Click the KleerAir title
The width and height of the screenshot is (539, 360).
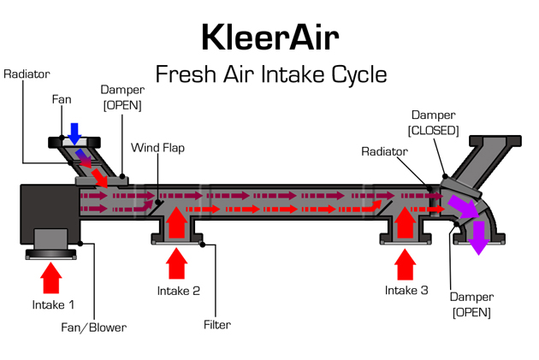pos(270,38)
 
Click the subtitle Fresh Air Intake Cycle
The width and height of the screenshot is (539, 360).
pos(270,74)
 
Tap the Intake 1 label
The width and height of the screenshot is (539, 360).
pos(53,304)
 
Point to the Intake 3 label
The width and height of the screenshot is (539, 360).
pos(406,291)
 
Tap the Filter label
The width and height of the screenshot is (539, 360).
pos(217,325)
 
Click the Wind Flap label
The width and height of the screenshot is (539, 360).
pos(157,148)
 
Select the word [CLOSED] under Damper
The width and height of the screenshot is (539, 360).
pos(434,130)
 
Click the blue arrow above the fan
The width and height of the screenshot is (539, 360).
pos(75,133)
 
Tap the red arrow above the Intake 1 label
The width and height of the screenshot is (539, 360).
pos(51,278)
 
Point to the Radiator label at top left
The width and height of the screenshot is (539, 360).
pos(27,74)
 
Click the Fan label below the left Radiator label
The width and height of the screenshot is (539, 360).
pos(61,99)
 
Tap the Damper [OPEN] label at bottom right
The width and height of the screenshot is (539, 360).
pos(471,304)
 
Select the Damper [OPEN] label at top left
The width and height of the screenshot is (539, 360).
pos(121,97)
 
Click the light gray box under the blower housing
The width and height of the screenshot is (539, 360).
pos(50,239)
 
